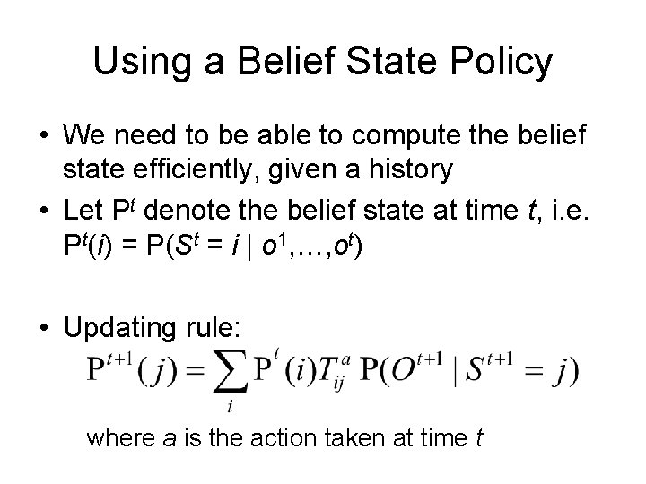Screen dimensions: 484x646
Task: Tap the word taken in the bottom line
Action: click(364, 438)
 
